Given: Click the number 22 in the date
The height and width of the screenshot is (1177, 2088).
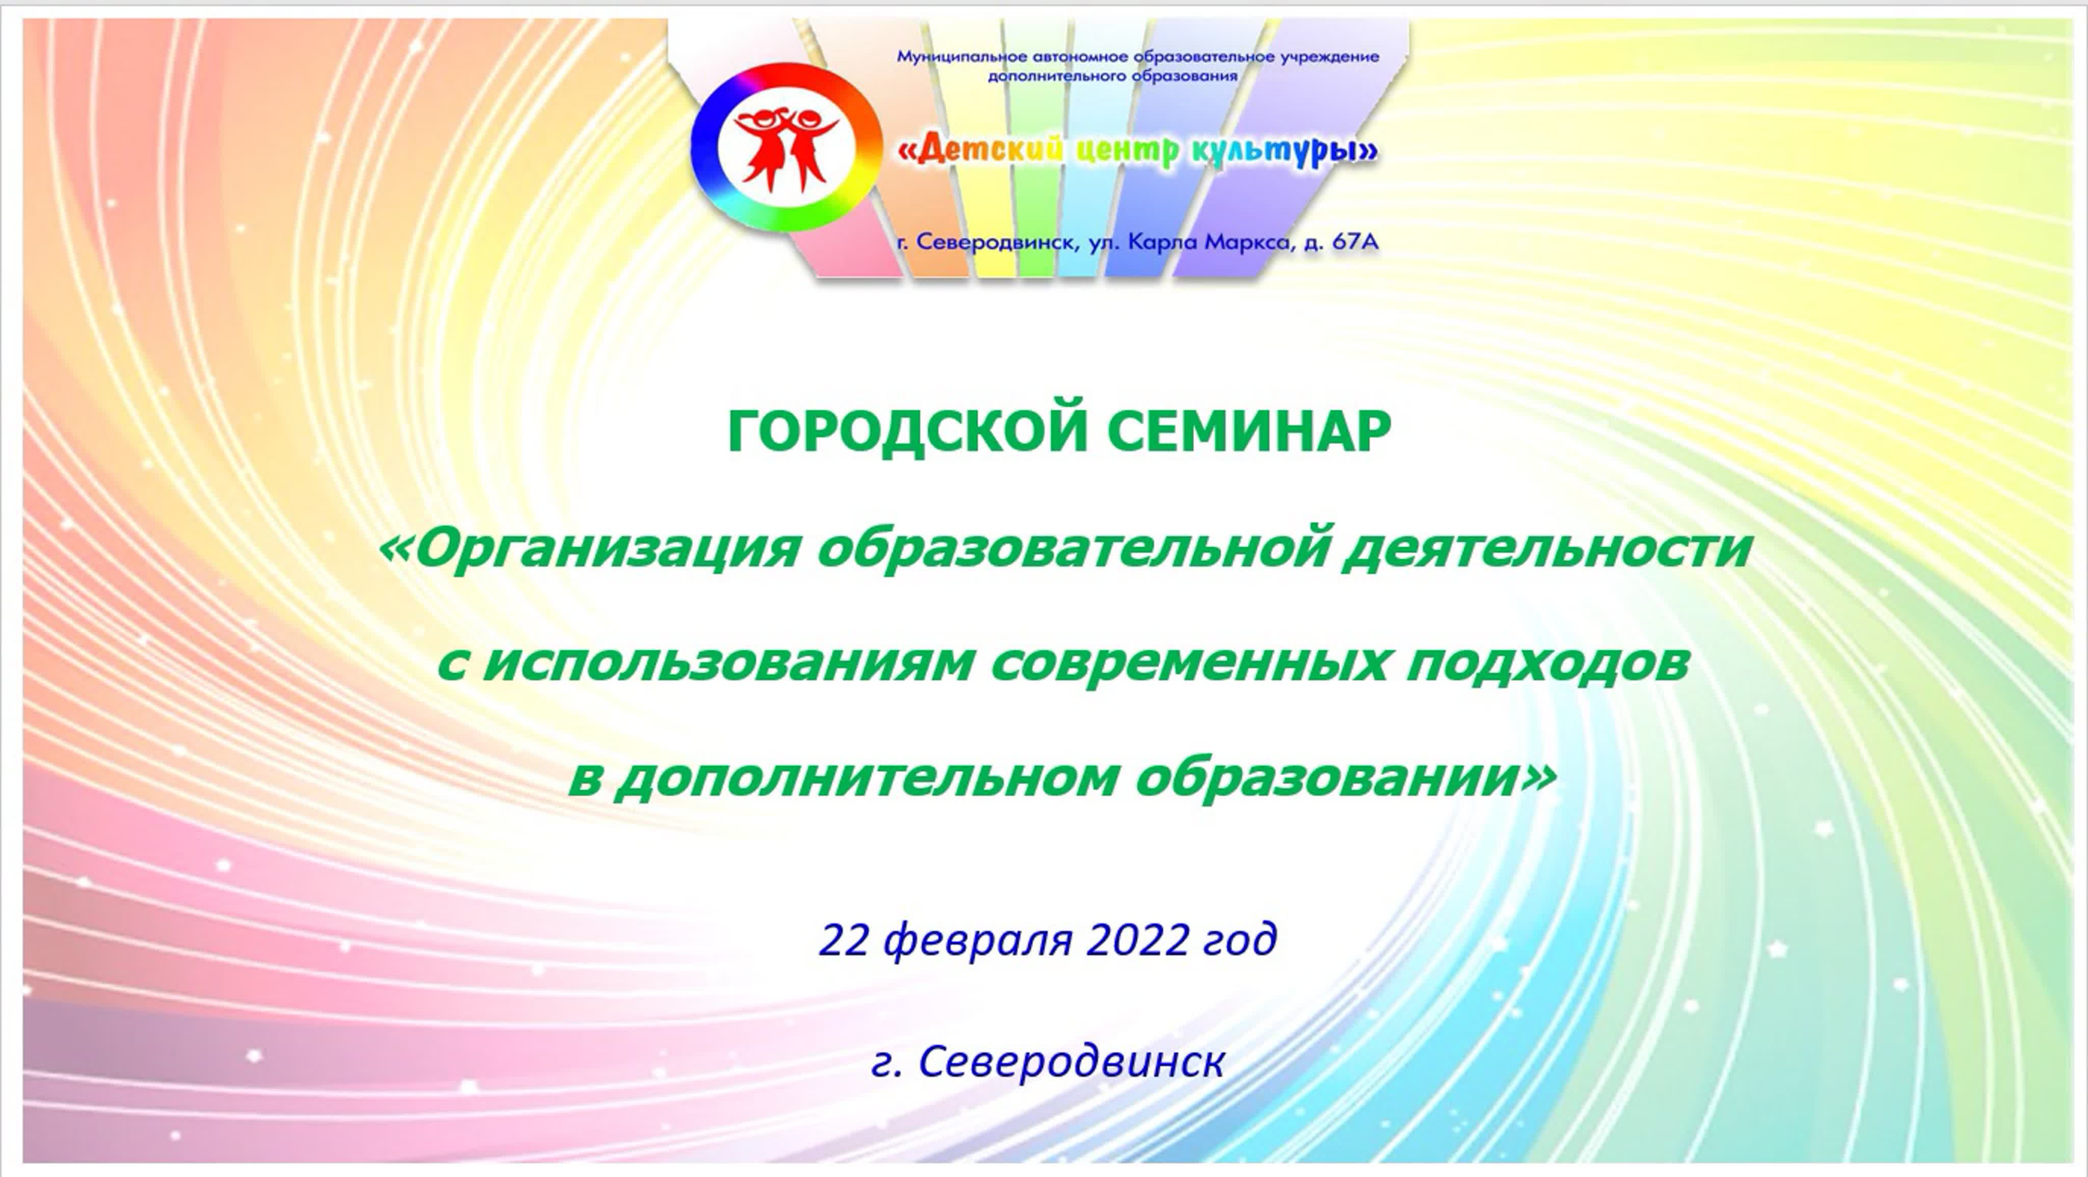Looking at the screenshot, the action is point(844,939).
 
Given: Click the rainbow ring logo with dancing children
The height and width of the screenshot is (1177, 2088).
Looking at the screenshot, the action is point(786,147).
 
